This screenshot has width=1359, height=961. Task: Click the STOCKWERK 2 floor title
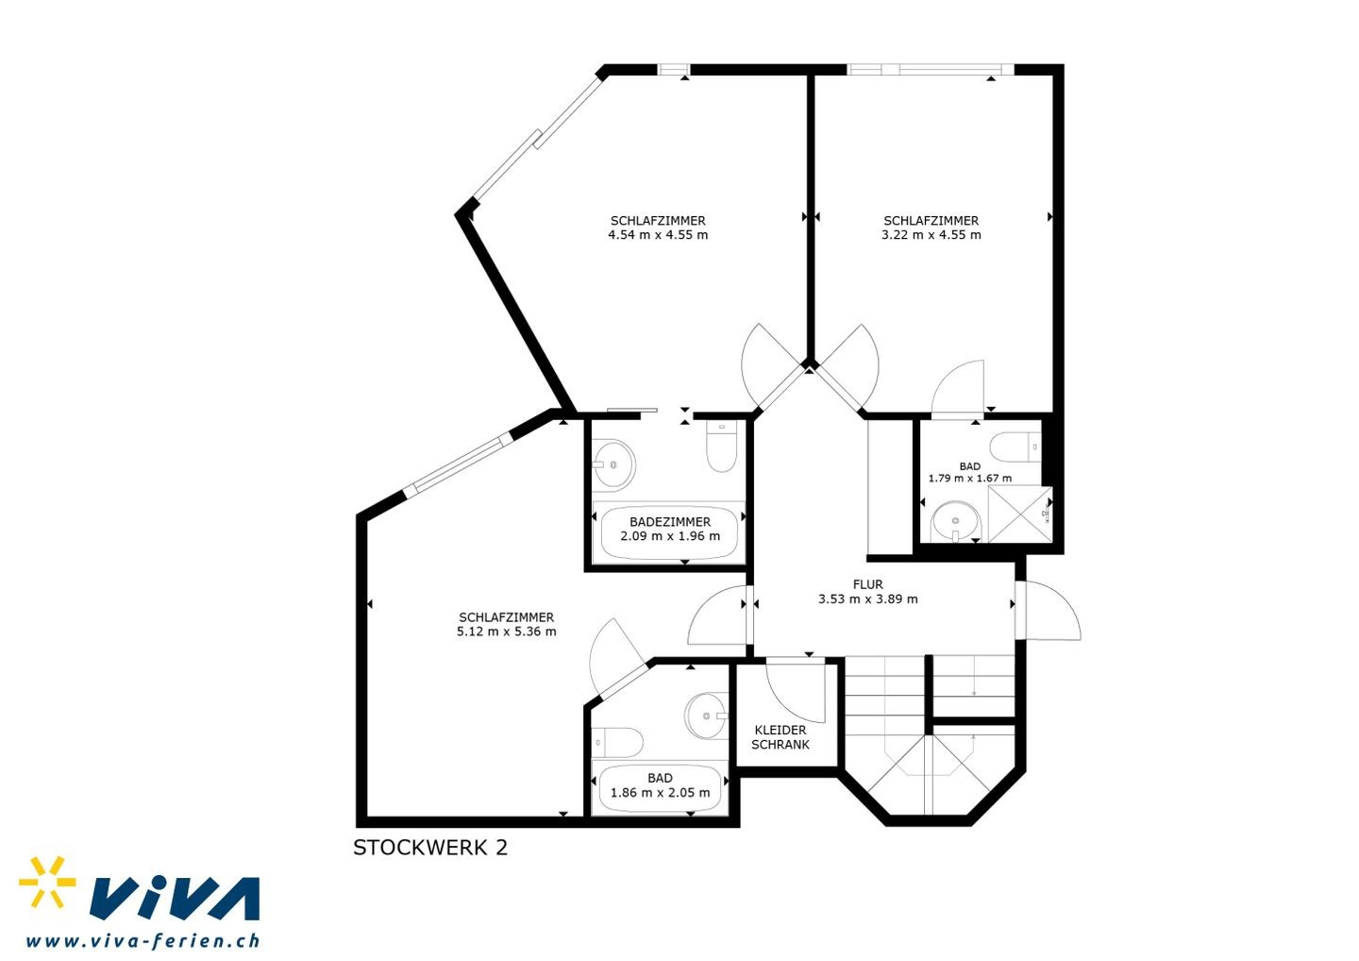[x=430, y=848]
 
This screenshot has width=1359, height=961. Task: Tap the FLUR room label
[x=867, y=584]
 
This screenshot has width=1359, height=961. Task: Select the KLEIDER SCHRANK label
[x=780, y=737]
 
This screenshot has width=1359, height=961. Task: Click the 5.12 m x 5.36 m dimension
[x=507, y=632]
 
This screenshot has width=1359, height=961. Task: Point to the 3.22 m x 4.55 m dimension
[x=931, y=235]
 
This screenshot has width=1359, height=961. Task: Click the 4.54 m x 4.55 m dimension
[x=658, y=235]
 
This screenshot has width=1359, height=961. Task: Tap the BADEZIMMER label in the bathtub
[x=670, y=522]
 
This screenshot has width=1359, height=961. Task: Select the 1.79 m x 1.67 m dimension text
[x=970, y=478]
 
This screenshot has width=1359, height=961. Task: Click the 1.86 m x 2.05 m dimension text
[x=660, y=792]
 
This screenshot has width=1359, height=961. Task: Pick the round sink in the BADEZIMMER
[x=614, y=465]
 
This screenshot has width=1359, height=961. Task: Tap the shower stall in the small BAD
[x=1020, y=514]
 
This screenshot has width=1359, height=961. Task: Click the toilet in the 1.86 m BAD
[x=617, y=743]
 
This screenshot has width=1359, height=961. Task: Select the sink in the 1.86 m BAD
[x=707, y=716]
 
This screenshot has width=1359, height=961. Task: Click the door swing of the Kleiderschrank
[x=796, y=692]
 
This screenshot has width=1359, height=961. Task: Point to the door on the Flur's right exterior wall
[x=1048, y=611]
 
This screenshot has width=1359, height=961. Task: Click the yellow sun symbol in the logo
[x=47, y=883]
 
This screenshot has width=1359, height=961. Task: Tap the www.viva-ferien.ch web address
[x=143, y=941]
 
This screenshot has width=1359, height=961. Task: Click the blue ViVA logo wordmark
[x=175, y=898]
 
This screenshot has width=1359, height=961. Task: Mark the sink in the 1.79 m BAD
[x=955, y=521]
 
